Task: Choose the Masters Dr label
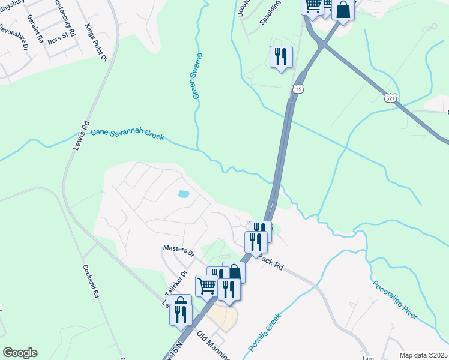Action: pos(179,249)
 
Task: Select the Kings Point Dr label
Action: pos(96,42)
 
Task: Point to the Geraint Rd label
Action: pos(35,31)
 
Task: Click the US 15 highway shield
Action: pos(298,89)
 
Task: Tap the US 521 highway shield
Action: pos(391,97)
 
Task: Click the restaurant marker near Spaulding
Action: pos(281,57)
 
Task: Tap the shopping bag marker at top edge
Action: pos(343,10)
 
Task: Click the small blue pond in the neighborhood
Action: pos(184,194)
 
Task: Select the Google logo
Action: pos(20,353)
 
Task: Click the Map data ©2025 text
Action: pos(423,355)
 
